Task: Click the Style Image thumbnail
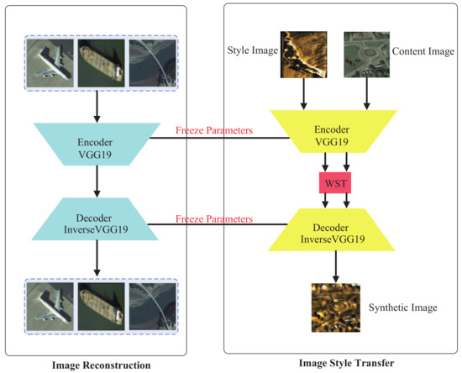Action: point(303,55)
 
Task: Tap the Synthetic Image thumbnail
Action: point(334,307)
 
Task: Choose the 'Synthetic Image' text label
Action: point(403,307)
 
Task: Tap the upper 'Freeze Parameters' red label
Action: point(213,130)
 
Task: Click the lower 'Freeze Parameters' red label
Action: point(213,219)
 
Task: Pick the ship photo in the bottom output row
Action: point(102,302)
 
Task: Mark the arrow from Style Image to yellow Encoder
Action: point(303,96)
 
